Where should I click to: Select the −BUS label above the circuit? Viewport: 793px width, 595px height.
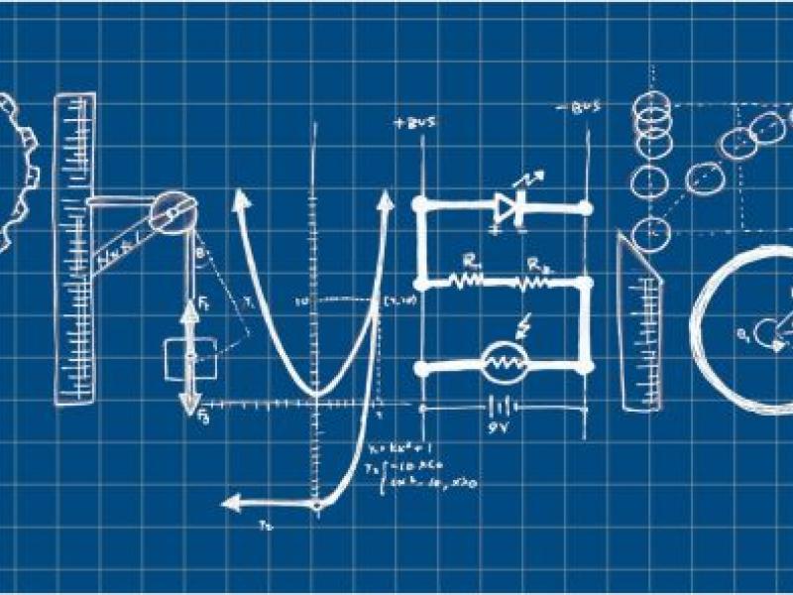(x=579, y=108)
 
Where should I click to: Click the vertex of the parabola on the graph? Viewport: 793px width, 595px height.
(x=315, y=394)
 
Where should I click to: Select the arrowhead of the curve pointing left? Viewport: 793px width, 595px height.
(x=232, y=504)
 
